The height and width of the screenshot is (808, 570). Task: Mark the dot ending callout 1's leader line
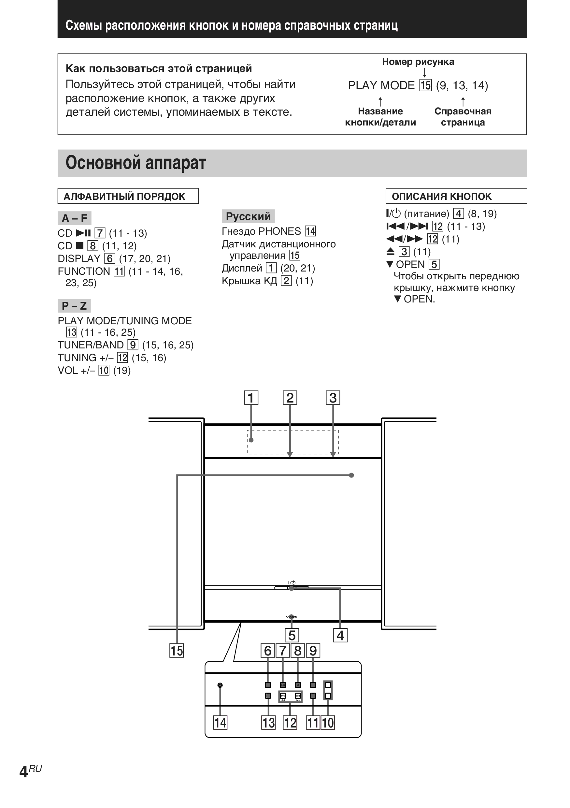pos(251,440)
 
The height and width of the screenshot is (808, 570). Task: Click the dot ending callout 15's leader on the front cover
pos(351,475)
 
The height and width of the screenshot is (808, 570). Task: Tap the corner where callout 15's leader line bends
pos(177,475)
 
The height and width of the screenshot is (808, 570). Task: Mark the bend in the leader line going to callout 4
pos(340,588)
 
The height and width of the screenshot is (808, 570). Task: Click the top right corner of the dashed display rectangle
pos(338,430)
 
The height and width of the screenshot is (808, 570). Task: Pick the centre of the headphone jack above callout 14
pos(220,685)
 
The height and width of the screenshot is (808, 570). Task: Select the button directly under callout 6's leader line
pos(268,685)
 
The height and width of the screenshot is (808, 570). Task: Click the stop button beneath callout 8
pos(298,685)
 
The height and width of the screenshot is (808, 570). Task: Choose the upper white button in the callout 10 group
pos(328,685)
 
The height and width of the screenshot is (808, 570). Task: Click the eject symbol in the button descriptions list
pos(390,252)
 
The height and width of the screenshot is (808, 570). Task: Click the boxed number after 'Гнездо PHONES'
pos(310,231)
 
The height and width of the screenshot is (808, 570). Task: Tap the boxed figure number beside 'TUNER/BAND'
pos(133,345)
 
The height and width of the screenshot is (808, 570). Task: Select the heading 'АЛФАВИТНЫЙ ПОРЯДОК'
pos(124,196)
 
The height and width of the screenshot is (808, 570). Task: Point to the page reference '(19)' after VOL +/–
pos(122,370)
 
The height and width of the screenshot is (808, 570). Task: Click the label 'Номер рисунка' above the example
pos(418,62)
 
